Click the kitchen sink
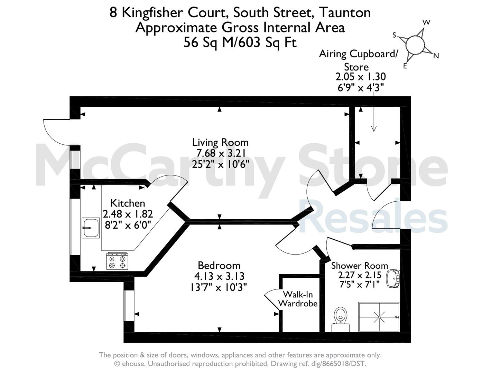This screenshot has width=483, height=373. [91, 228]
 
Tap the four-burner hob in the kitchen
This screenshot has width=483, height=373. [117, 261]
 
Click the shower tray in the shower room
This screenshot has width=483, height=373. [379, 317]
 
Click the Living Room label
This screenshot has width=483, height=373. [220, 142]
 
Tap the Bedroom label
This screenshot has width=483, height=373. [219, 266]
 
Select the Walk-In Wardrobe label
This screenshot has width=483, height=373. [298, 299]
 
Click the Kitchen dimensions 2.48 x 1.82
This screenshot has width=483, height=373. [128, 214]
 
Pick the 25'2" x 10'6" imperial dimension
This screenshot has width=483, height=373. [220, 164]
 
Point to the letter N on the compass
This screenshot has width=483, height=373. [436, 56]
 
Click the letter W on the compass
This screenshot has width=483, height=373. [426, 22]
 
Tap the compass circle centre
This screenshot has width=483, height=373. [415, 45]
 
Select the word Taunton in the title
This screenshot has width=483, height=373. [345, 13]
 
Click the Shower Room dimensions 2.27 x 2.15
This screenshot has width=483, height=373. [360, 275]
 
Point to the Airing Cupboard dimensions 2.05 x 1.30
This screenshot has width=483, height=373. [361, 77]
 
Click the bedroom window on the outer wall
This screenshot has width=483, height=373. [129, 306]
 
